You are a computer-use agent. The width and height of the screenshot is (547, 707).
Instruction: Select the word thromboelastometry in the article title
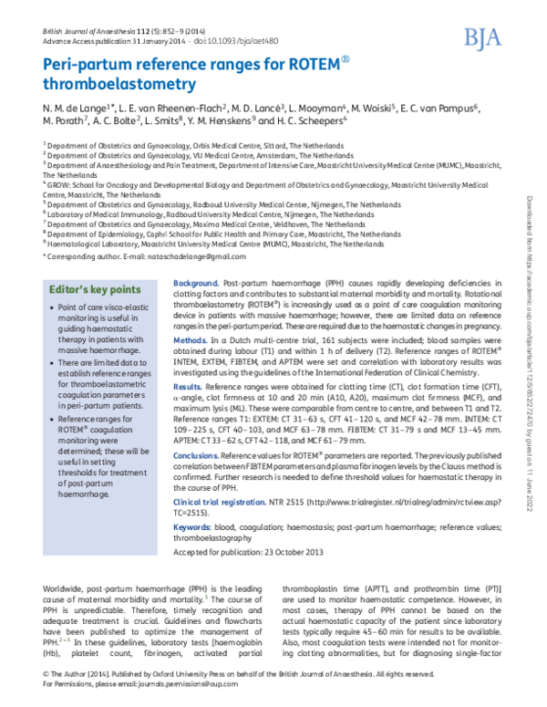click(x=119, y=86)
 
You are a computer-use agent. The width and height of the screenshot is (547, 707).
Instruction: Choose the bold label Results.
click(x=188, y=388)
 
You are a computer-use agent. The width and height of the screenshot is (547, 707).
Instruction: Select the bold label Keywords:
click(x=192, y=528)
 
